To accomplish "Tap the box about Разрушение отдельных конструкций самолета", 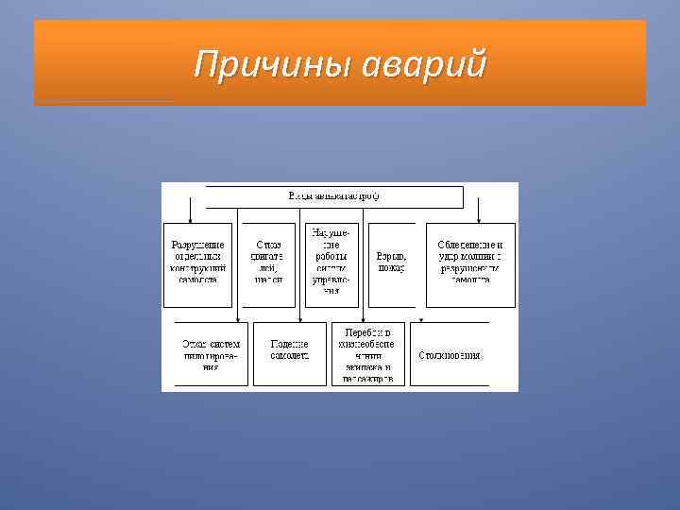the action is click(x=196, y=264).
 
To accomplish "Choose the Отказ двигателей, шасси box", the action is click(x=268, y=264).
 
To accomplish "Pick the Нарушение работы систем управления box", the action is click(x=331, y=264).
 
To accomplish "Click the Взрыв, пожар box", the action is click(x=390, y=264).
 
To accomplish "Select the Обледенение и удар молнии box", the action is click(x=470, y=264).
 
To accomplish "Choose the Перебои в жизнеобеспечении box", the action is click(x=368, y=354).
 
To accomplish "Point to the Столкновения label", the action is click(x=450, y=355).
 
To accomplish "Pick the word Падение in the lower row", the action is click(x=288, y=344).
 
